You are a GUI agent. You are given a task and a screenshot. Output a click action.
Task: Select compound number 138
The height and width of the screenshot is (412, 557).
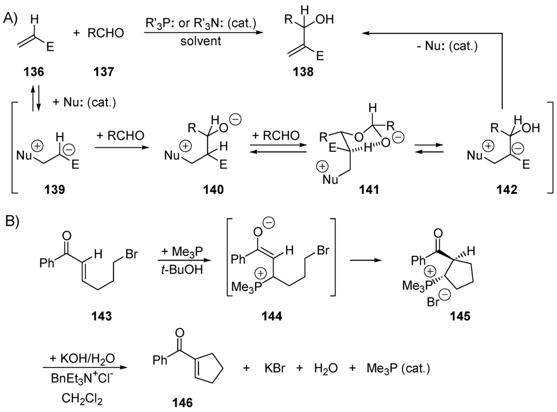tap(302, 71)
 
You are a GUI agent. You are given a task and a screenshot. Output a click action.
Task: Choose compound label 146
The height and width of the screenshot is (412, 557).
tap(180, 403)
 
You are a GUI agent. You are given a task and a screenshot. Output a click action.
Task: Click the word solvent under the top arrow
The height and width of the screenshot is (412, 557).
tap(201, 42)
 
